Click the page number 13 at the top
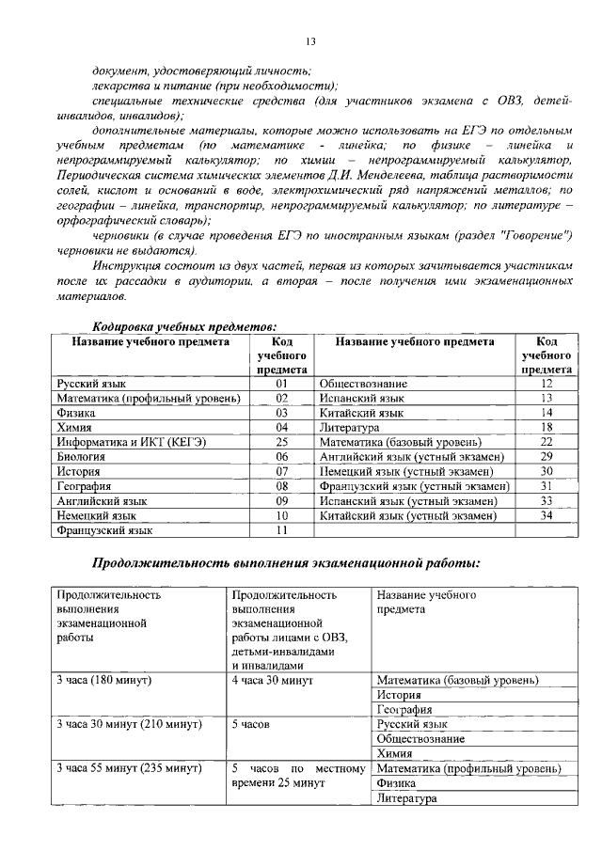click(310, 40)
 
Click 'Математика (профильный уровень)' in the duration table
click(469, 769)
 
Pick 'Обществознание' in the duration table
click(420, 739)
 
